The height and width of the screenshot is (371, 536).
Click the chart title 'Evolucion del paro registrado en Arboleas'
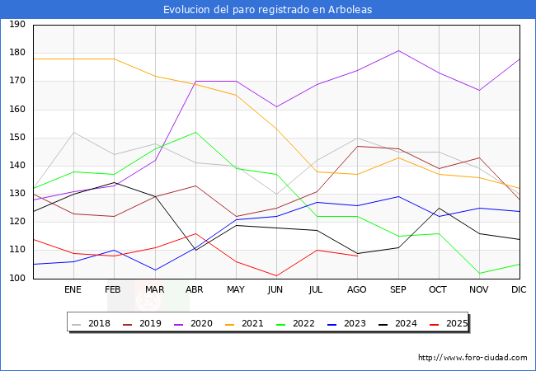267,10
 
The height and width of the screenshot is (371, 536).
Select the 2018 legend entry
93,323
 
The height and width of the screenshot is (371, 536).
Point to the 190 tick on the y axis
16,25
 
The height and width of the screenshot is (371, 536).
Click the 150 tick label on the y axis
16,138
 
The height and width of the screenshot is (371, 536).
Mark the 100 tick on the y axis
16,279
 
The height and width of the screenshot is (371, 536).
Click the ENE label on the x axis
73,289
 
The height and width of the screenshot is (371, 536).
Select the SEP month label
397,289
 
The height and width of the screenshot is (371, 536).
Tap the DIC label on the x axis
519,289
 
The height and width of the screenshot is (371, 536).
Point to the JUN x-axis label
275,289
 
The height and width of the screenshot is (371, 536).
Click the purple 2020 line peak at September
397,50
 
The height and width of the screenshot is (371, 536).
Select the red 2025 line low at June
275,275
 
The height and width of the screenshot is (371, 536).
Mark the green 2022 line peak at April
195,132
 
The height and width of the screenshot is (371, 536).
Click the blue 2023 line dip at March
154,270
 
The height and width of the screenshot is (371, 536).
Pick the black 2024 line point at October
438,208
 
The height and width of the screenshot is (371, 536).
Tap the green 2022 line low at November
478,273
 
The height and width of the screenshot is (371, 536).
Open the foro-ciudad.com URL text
473,358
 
